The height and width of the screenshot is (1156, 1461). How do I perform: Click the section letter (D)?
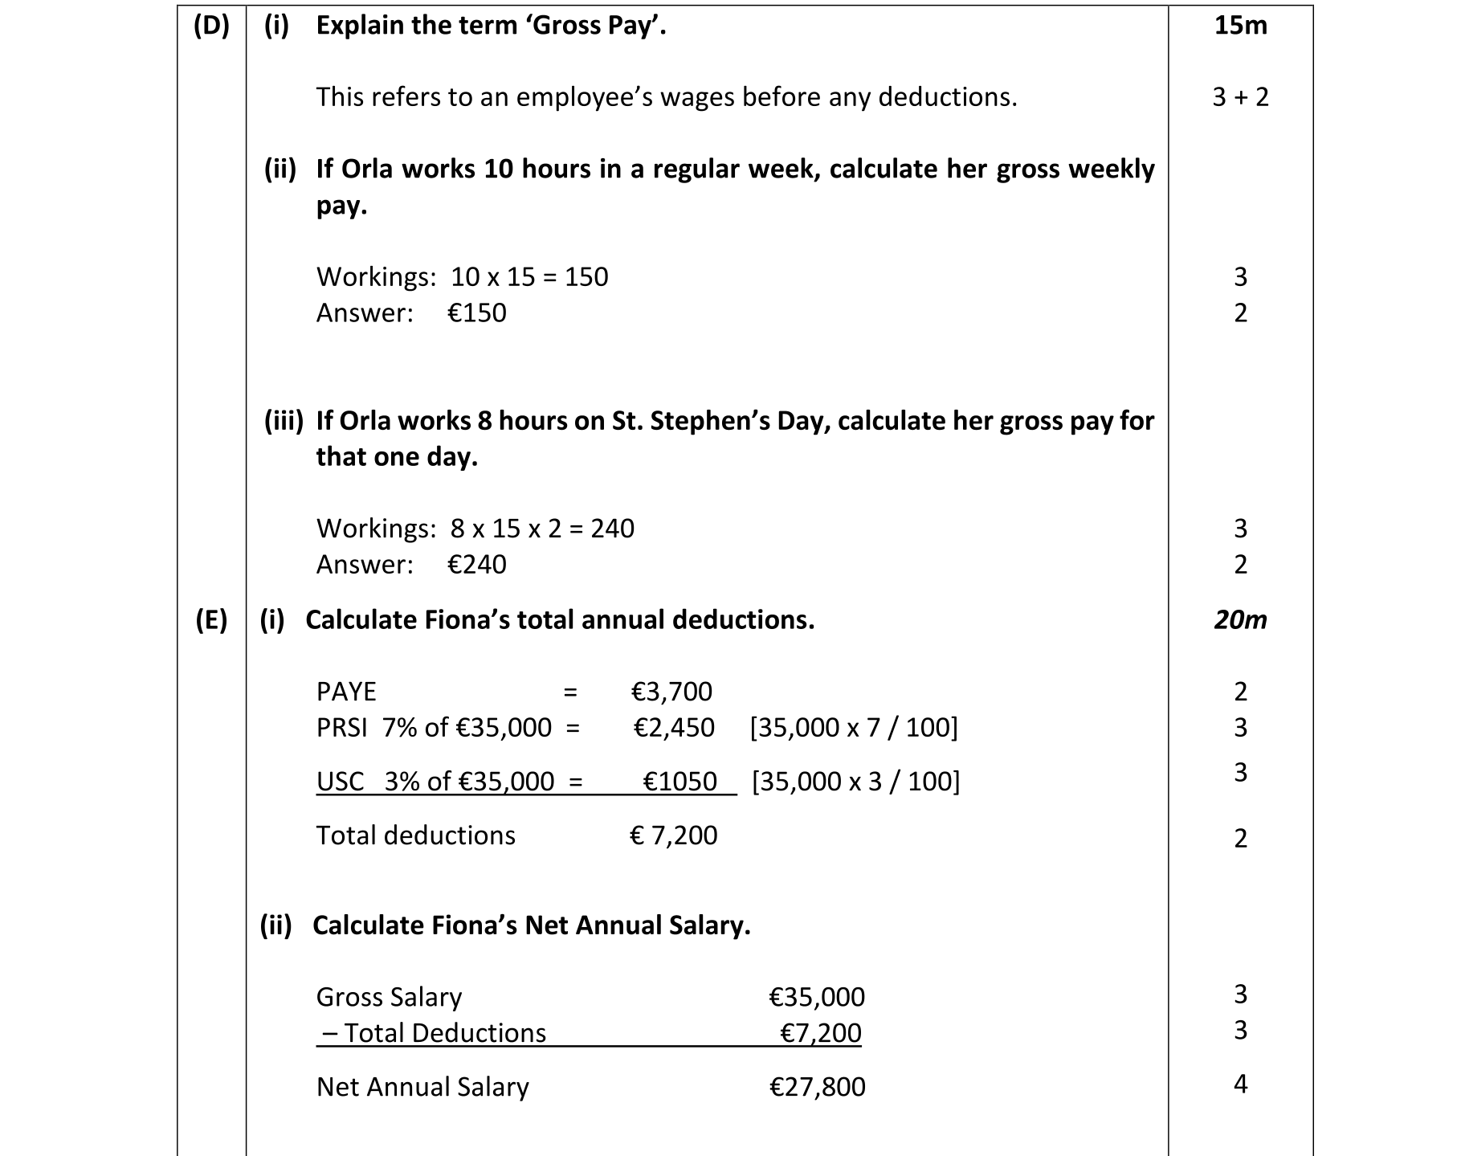pos(211,26)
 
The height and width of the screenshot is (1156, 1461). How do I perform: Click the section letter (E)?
pos(211,620)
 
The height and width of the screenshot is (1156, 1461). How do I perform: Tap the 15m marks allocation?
pos(1240,26)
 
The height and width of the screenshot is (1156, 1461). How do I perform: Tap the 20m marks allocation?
pos(1240,620)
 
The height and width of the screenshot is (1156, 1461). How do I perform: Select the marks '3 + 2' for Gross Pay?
pos(1240,97)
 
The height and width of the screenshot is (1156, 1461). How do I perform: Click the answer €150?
pos(476,312)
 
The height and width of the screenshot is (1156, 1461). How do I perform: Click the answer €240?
pos(476,565)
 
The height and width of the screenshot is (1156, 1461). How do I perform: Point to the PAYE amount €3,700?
pos(671,692)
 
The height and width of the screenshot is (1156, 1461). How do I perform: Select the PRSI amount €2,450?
pos(673,728)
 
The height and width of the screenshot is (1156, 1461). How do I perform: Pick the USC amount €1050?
pos(679,782)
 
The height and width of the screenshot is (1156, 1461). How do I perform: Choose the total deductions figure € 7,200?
pos(673,835)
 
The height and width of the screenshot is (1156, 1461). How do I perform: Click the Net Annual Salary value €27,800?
pos(817,1087)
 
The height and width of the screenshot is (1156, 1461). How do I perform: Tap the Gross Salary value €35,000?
pos(817,997)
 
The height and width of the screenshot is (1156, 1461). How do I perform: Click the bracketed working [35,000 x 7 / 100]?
pos(854,728)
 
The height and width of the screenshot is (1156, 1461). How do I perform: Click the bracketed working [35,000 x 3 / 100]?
pos(855,782)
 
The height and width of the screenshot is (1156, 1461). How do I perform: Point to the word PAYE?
pos(346,692)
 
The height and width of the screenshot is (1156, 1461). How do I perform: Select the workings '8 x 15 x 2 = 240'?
pos(542,529)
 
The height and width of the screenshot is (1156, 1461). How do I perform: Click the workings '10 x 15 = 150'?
pos(529,277)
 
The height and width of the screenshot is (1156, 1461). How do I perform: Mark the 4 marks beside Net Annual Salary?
pos(1240,1085)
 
